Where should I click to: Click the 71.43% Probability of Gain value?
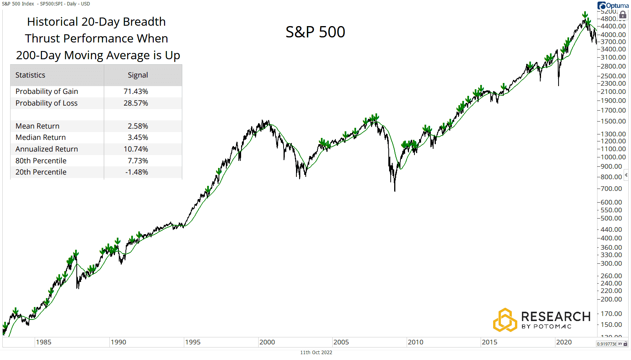tap(136, 92)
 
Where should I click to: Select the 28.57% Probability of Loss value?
tap(136, 103)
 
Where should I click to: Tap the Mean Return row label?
tap(37, 126)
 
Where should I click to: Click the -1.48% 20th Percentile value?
tap(136, 172)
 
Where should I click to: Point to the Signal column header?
tap(137, 75)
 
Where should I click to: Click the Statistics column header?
tap(30, 75)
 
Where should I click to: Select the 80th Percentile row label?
tap(41, 161)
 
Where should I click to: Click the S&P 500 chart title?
tap(315, 32)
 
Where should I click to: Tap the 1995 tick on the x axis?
tap(192, 342)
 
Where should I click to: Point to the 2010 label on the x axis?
tap(415, 342)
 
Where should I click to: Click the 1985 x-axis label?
tap(43, 342)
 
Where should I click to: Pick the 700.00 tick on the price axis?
tap(611, 189)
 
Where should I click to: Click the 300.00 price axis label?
tap(611, 263)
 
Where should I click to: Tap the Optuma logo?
tap(613, 5)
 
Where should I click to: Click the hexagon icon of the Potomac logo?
tap(505, 320)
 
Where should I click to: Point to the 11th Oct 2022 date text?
tap(316, 353)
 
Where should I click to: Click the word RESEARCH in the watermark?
tap(555, 317)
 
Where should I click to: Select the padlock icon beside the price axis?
tap(622, 15)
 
